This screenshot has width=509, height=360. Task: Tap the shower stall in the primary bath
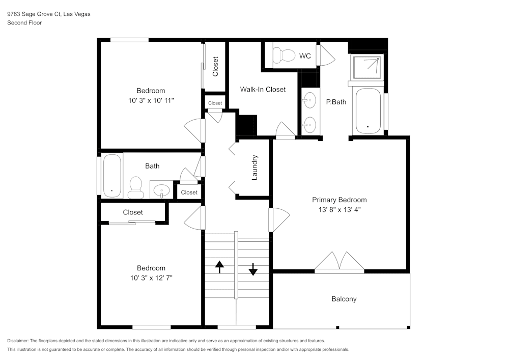366,68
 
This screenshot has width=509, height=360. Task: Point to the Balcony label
344,299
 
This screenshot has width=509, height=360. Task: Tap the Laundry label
255,168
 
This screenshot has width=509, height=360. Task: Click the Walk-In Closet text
263,89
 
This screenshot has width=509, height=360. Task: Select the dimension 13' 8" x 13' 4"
339,209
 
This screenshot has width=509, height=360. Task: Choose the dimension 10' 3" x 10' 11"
151,101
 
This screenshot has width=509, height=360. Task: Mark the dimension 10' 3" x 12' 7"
151,278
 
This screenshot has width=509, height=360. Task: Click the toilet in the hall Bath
136,187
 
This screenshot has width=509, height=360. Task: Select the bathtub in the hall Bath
112,176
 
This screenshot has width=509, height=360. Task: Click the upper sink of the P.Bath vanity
308,99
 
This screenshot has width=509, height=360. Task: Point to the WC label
305,56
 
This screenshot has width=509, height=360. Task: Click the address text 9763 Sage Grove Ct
34,14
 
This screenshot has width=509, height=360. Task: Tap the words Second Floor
24,23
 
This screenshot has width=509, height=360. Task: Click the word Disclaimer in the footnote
18,340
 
